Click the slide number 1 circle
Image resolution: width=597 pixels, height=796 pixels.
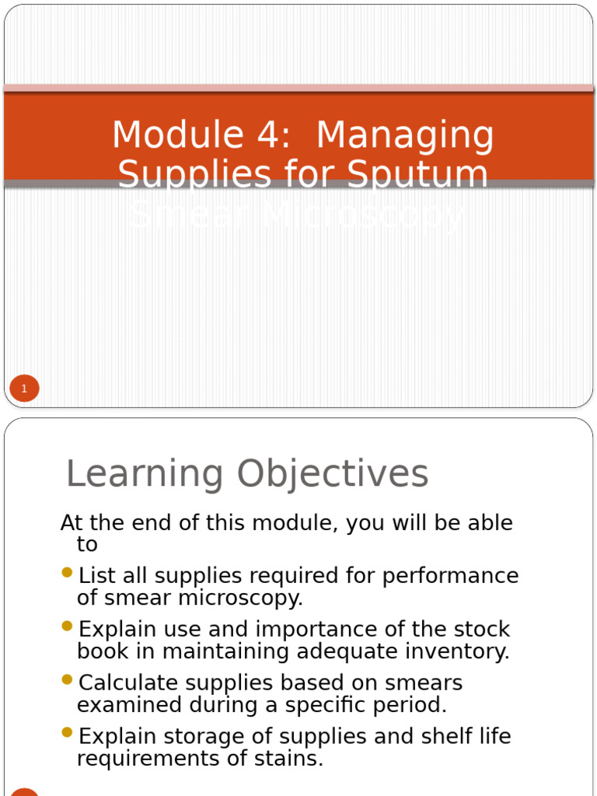click(24, 389)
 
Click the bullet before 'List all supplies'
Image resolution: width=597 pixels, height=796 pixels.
click(67, 574)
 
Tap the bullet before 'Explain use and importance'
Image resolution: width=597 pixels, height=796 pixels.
click(67, 627)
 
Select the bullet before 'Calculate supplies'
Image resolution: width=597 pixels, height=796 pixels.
click(67, 680)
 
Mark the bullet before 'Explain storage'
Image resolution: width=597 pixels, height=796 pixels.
click(67, 733)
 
